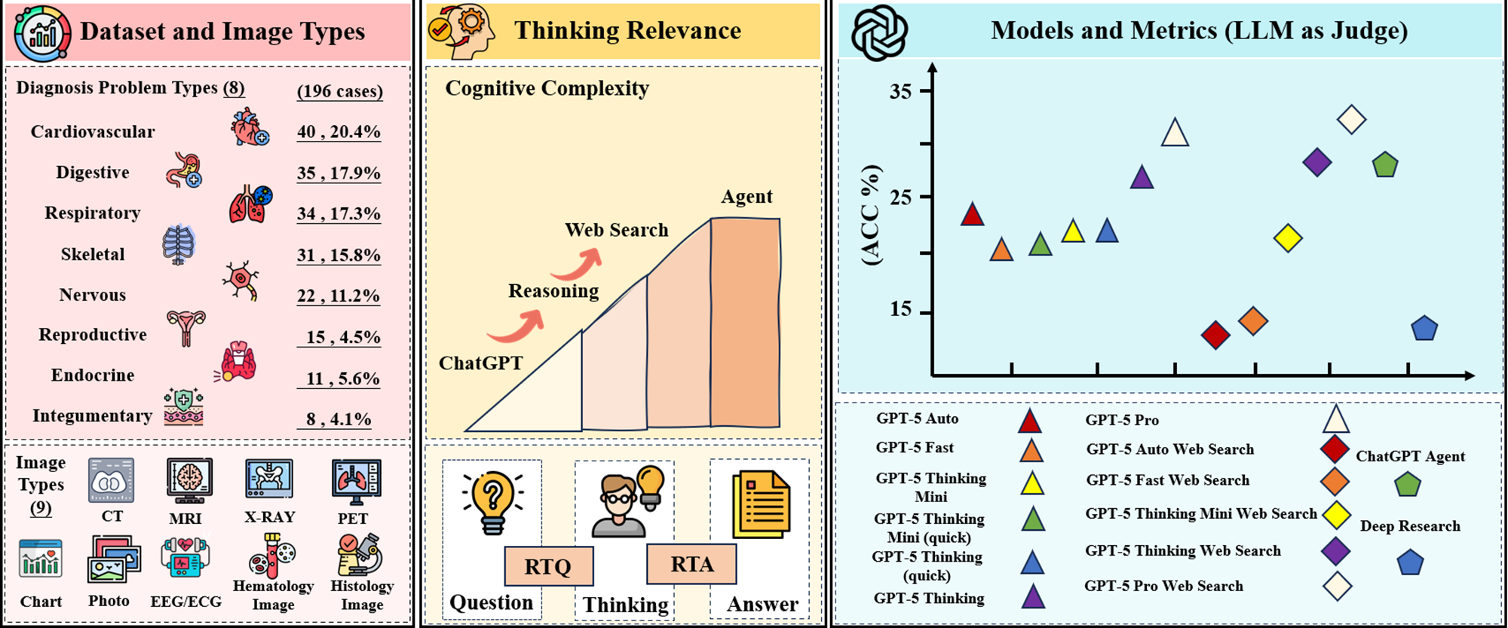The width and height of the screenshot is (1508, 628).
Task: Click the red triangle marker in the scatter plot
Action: [x=972, y=215]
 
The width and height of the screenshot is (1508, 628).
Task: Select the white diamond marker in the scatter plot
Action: [x=1351, y=119]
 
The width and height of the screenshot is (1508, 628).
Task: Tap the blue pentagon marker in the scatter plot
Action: [x=1424, y=329]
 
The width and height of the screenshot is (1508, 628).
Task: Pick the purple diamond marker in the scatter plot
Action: [x=1316, y=162]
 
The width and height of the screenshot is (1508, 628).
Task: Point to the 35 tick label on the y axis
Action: [x=900, y=91]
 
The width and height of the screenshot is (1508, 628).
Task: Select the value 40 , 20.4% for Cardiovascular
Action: [x=339, y=132]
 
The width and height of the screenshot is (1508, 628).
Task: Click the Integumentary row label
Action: [x=92, y=415]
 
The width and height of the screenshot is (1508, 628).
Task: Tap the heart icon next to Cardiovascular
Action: [x=249, y=127]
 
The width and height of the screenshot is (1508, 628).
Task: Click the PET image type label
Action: [x=353, y=519]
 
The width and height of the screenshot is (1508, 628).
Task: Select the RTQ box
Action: [x=548, y=566]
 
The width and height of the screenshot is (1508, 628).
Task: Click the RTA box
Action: [x=691, y=564]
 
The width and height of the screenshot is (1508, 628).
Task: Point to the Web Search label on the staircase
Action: [x=617, y=230]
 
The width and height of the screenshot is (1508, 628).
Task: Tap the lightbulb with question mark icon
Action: [x=492, y=501]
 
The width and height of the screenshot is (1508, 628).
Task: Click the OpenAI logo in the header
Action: [x=879, y=32]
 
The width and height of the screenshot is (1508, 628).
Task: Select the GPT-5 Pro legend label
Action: [x=1122, y=420]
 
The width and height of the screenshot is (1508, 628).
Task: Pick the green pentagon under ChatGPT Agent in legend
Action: [x=1407, y=484]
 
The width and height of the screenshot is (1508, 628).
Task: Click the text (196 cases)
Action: [x=339, y=91]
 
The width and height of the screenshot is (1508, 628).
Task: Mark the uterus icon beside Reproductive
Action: [x=185, y=328]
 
